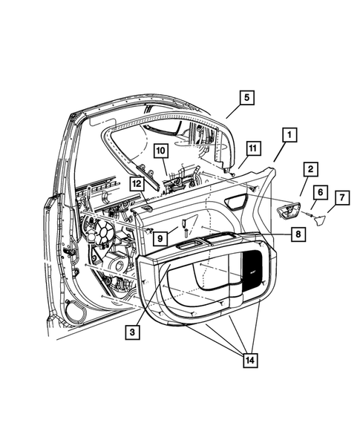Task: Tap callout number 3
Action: click(133, 333)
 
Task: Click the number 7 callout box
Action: click(341, 197)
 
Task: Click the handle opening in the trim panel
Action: click(238, 201)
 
